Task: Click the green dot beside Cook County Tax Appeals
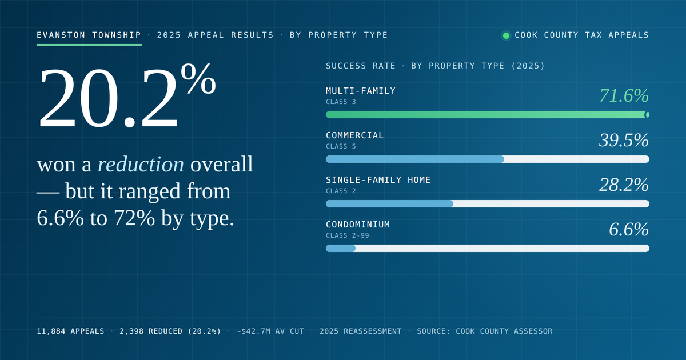tap(506, 36)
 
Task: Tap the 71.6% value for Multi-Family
tap(624, 95)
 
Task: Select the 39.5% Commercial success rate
tap(624, 140)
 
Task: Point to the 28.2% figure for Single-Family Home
tap(624, 185)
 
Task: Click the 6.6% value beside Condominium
tap(629, 229)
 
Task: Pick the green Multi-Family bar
tap(488, 115)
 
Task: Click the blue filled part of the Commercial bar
tap(415, 159)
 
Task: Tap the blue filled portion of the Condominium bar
tap(341, 248)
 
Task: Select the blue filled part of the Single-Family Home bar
tap(389, 204)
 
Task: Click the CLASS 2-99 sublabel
tap(348, 235)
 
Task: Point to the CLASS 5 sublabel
tap(341, 146)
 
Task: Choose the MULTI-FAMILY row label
tap(361, 91)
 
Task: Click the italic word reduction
tap(141, 165)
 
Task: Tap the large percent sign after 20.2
tap(198, 79)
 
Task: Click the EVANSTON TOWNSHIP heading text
tap(89, 35)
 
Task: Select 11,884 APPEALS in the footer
tap(70, 331)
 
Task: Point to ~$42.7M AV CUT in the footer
tap(270, 331)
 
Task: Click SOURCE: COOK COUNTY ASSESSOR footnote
tap(485, 331)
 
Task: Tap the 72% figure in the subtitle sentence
tap(134, 218)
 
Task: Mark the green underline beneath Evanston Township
tap(89, 45)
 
